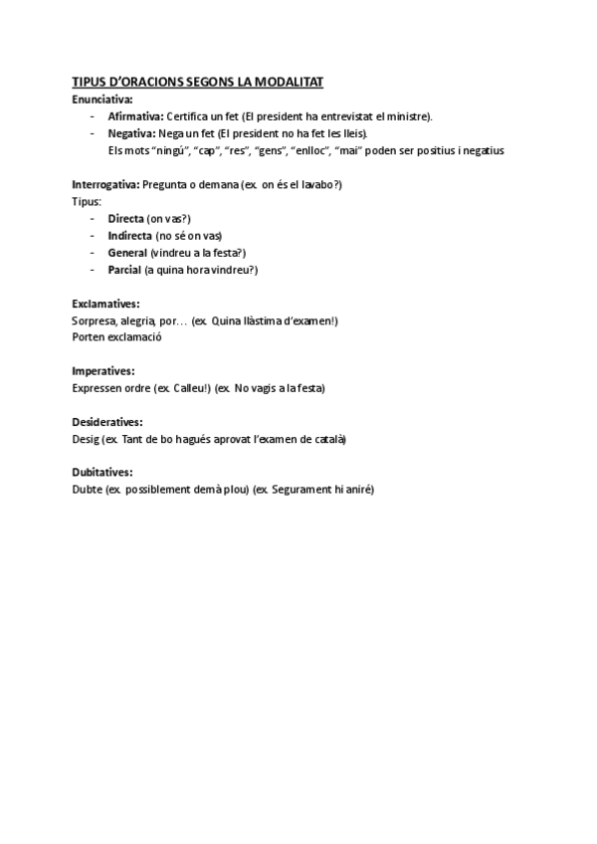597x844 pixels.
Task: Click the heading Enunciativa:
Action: pyautogui.click(x=102, y=100)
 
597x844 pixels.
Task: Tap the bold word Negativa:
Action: pyautogui.click(x=131, y=133)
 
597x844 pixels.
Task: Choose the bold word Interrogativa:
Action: pyautogui.click(x=105, y=184)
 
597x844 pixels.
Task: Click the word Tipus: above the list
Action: pyautogui.click(x=87, y=201)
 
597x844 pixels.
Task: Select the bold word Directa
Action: pyautogui.click(x=125, y=218)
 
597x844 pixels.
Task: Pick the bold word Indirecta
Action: pyautogui.click(x=130, y=235)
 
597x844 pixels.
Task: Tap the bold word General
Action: pyautogui.click(x=127, y=252)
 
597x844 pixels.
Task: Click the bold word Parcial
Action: pyautogui.click(x=124, y=269)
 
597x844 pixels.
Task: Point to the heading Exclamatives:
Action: pyautogui.click(x=105, y=303)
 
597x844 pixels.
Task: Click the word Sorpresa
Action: pyautogui.click(x=94, y=320)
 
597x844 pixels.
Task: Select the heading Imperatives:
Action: pyautogui.click(x=103, y=370)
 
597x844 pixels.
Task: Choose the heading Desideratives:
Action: pyautogui.click(x=107, y=421)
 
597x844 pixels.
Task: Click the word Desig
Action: pyautogui.click(x=86, y=438)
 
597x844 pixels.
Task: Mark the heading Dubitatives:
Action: pyautogui.click(x=102, y=472)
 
